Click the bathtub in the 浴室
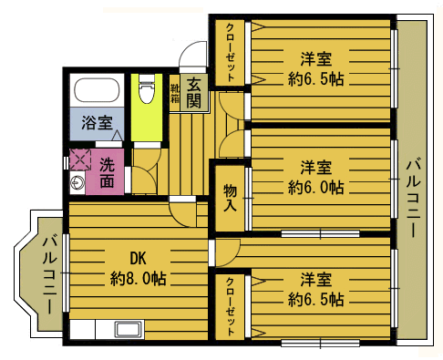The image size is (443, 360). pos(97,90)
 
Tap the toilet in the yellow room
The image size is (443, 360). pos(147,88)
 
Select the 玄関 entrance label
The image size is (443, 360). pos(194,93)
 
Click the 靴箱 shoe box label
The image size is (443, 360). pos(175,93)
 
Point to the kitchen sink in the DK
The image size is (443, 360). pos(129,330)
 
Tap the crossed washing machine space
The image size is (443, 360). pos(80,159)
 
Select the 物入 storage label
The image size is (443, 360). pos(230,198)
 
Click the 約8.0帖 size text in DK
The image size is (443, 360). pos(139,278)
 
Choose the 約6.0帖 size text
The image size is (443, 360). pos(316,187)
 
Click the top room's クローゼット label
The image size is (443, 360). pos(230,52)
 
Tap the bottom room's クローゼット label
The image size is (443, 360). pos(230,306)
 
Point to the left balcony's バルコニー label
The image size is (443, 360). pos(50,273)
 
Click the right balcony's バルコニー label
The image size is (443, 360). pos(414,197)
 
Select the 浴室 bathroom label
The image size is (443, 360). pos(97,123)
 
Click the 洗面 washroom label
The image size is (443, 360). pos(107,172)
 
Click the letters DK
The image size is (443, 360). pos(139,259)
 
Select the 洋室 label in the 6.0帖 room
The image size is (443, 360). pos(316,168)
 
